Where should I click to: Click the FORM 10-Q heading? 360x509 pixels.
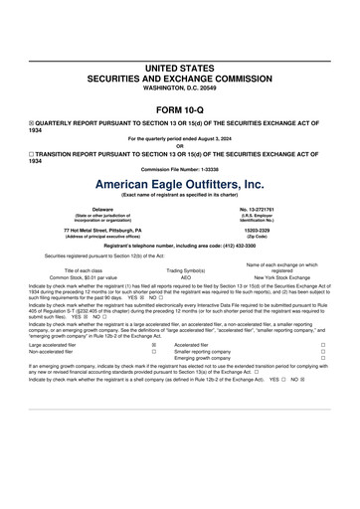pyautogui.click(x=179, y=106)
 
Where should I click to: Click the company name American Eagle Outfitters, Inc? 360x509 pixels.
pyautogui.click(x=179, y=185)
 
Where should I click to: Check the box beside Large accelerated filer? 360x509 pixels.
pyautogui.click(x=153, y=345)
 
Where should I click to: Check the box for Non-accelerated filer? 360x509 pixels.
pyautogui.click(x=153, y=352)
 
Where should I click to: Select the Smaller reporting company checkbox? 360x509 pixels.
pyautogui.click(x=323, y=352)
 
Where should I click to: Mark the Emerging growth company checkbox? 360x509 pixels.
pyautogui.click(x=323, y=359)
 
